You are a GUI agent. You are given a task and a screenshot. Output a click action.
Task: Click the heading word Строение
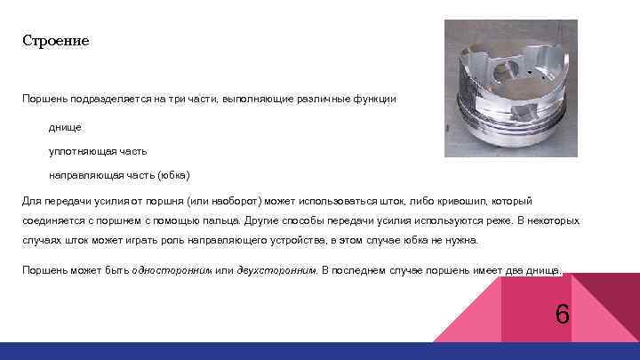(56, 42)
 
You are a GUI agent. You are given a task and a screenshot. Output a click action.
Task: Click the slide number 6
(562, 315)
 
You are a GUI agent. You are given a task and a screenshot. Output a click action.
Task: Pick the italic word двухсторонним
(276, 268)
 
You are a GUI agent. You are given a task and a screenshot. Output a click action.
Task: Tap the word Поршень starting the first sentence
(44, 99)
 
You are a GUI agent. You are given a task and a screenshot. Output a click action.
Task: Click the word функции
(376, 99)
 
